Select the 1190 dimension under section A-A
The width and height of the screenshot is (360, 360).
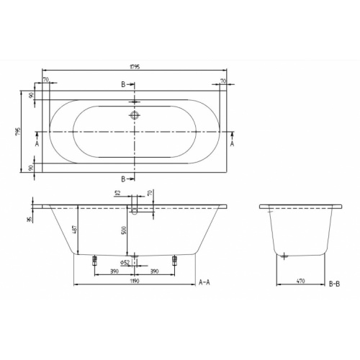coord(135,282)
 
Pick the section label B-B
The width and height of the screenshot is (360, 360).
coord(333,284)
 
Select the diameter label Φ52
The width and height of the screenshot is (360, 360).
coord(125,262)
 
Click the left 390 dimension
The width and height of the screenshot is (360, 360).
coord(114,271)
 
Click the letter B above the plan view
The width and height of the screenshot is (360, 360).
coord(123,85)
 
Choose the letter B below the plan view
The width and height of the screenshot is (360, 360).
coord(123,177)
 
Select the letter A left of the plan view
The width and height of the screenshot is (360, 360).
coord(37,143)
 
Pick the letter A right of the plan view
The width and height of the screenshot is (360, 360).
coord(232,143)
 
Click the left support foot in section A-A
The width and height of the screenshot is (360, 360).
coord(94,261)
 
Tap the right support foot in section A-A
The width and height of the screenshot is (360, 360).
coord(174,261)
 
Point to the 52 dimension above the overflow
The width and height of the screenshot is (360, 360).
coord(117,193)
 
